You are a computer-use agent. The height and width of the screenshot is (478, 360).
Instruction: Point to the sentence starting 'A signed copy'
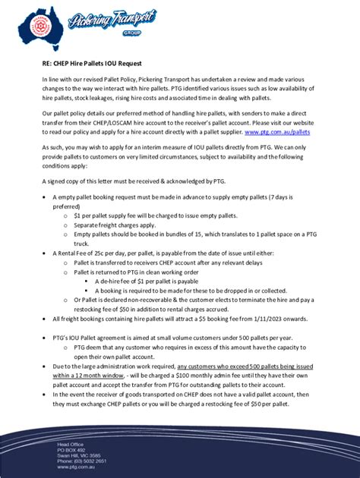125,181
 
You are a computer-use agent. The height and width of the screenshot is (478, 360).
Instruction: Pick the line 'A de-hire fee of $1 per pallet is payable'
150,281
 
